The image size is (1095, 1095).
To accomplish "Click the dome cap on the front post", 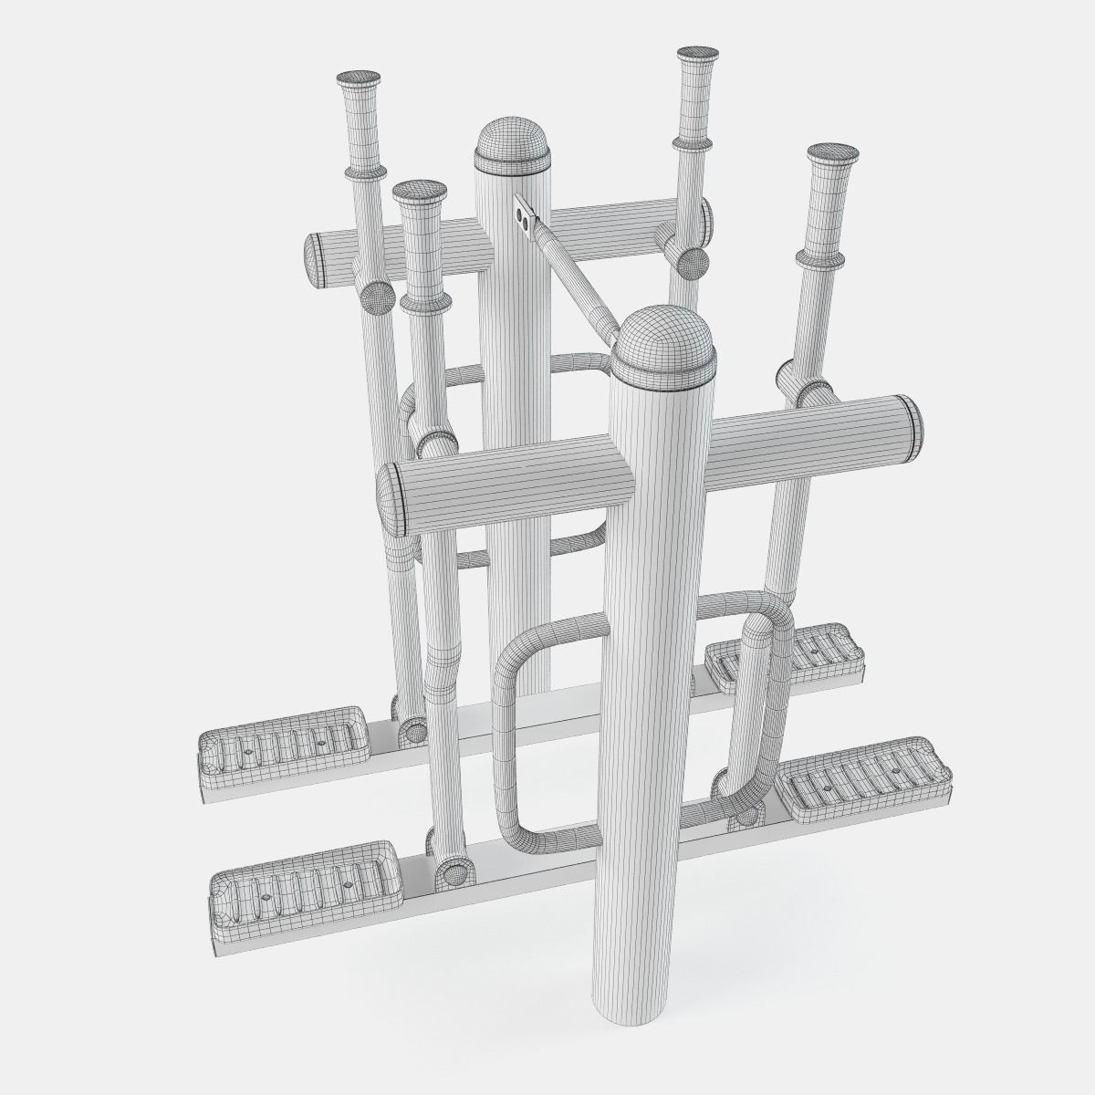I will click(x=661, y=343).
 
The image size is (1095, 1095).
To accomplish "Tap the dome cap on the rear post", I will click(x=512, y=143).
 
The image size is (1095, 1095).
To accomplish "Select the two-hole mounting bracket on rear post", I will click(x=524, y=213).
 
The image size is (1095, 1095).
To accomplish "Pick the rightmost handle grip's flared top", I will click(x=829, y=153).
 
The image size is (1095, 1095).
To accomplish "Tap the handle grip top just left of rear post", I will click(x=419, y=193).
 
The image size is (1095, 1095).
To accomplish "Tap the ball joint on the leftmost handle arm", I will click(x=374, y=297).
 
